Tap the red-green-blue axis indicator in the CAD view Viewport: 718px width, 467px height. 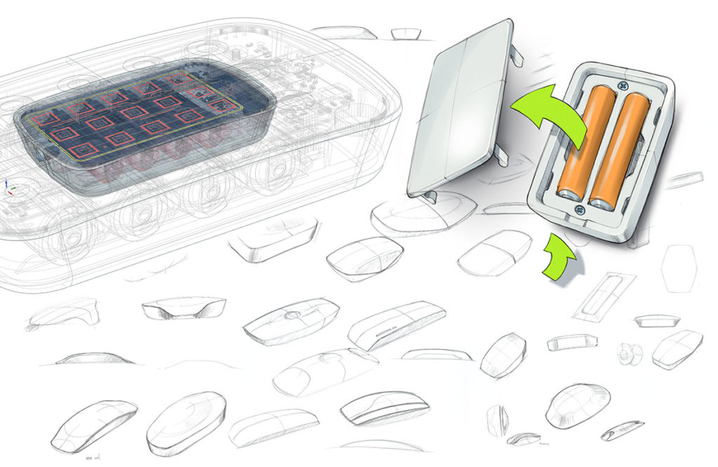(8, 188)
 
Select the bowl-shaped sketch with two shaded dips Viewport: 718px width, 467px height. (184, 306)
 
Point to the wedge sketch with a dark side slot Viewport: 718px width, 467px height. (395, 323)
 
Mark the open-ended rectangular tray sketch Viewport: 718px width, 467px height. (573, 343)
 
